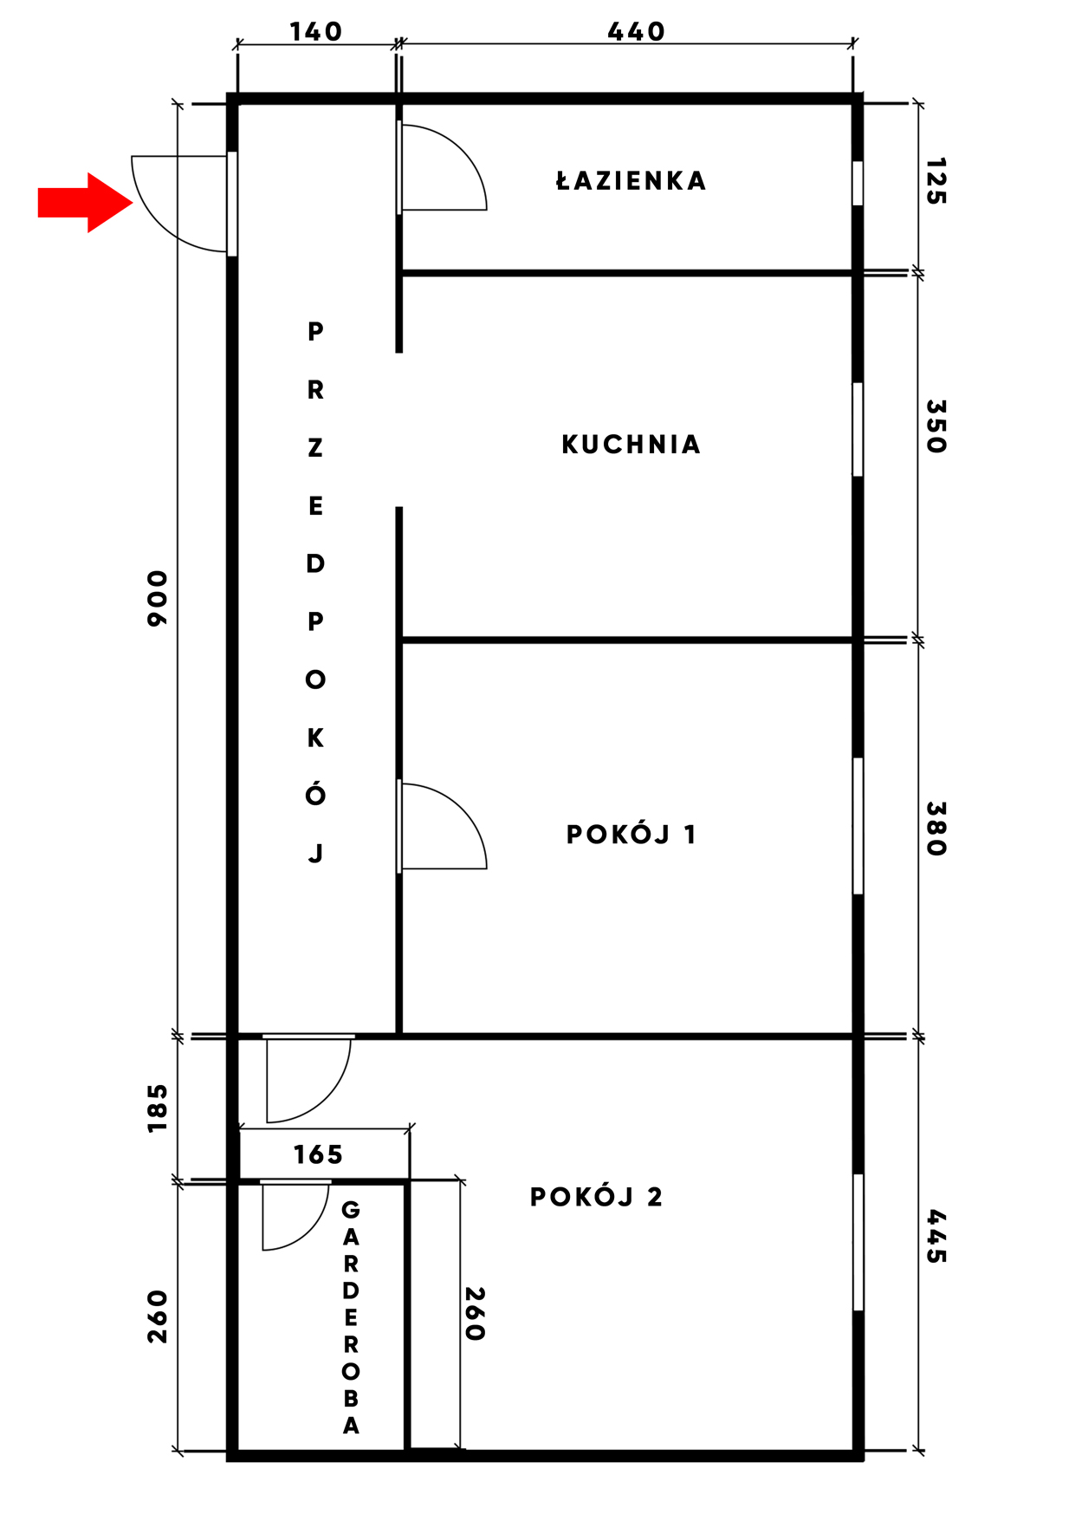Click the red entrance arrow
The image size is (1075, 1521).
[85, 203]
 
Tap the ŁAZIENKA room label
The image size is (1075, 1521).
[631, 180]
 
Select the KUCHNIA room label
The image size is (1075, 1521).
[631, 445]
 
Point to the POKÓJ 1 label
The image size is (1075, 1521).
[631, 835]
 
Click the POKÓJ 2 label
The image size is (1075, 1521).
[596, 1197]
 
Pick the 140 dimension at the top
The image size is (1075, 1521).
[315, 32]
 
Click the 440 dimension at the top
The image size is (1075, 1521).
[636, 32]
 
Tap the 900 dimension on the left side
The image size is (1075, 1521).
[157, 598]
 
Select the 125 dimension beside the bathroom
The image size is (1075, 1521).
[936, 181]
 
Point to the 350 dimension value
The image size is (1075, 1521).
[936, 426]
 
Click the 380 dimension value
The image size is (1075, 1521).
[936, 829]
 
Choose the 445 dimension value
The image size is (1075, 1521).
[936, 1237]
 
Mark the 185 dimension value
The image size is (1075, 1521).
[157, 1108]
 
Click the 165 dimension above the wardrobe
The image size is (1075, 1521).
[318, 1154]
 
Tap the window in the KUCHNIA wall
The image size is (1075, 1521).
[858, 429]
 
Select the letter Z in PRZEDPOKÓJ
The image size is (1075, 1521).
[315, 448]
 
